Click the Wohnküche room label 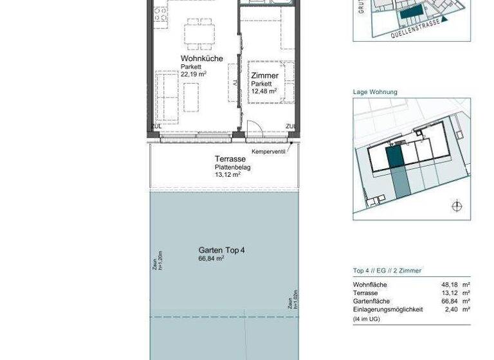click(201, 59)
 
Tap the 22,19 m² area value click(193, 74)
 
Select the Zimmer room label click(264, 76)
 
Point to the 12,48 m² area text click(264, 91)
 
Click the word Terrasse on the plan click(230, 159)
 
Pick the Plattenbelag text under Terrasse click(232, 167)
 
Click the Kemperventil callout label click(269, 152)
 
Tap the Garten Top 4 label click(221, 250)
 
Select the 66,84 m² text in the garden click(211, 258)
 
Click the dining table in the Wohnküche click(199, 33)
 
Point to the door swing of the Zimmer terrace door click(255, 128)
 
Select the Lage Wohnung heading click(375, 92)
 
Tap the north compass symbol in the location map click(457, 206)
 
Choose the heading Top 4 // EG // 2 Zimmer click(387, 271)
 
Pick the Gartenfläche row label click(371, 301)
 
